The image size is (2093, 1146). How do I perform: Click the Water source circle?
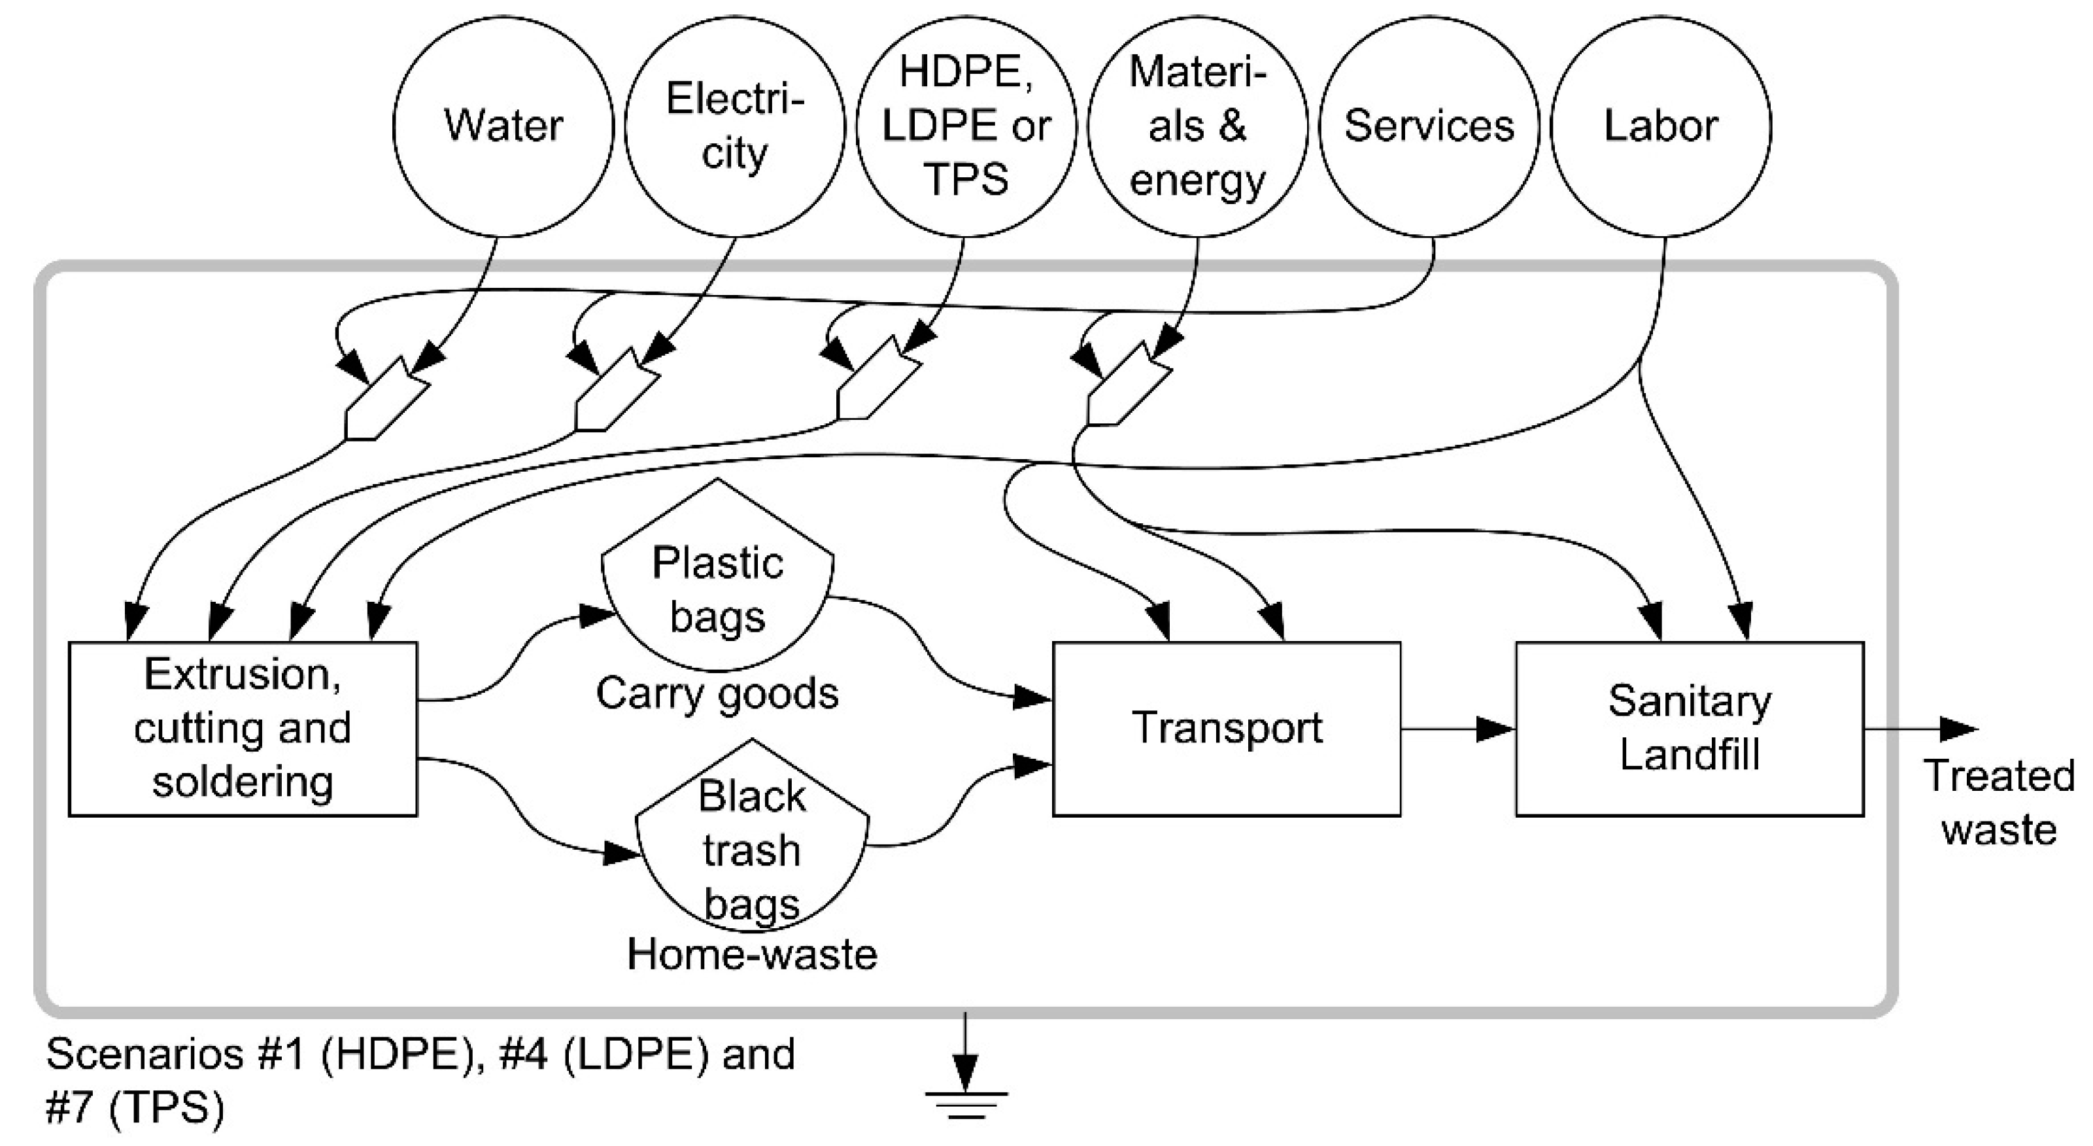pos(503,126)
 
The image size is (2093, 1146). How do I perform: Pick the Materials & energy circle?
pos(1198,126)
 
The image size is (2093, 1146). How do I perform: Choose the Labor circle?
pos(1661,126)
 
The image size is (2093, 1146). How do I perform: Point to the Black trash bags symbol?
pos(751,845)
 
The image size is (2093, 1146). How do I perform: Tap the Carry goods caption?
pos(717,694)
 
